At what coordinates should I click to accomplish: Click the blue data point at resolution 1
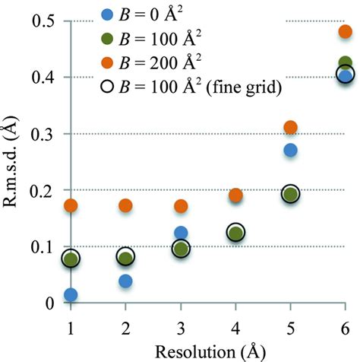point(71,295)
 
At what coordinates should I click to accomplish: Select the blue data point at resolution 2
point(125,281)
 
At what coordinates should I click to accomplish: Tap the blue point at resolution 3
point(181,233)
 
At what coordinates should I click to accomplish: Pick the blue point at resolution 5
point(290,150)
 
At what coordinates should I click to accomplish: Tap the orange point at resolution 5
point(290,127)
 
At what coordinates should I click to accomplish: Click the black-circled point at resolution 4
point(235,232)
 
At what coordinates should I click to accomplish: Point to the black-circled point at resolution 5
point(290,194)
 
